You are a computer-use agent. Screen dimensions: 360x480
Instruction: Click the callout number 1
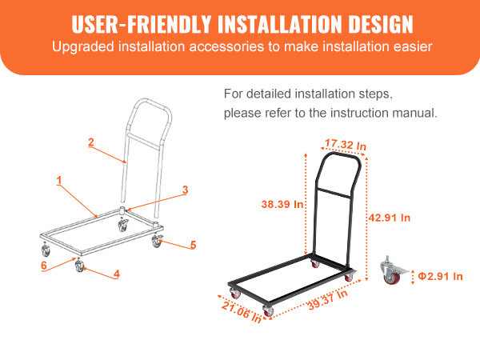point(59,181)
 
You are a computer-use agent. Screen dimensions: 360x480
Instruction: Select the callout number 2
point(91,142)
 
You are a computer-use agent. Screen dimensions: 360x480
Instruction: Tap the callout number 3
point(185,190)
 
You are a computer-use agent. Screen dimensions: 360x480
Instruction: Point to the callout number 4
point(117,274)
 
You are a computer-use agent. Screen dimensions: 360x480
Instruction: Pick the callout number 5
point(193,245)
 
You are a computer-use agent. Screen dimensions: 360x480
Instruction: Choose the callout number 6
point(45,265)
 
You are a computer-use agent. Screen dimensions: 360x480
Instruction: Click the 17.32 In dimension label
point(346,145)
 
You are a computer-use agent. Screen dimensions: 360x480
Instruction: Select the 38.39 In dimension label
point(282,204)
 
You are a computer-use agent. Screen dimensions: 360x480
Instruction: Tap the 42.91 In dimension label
point(390,217)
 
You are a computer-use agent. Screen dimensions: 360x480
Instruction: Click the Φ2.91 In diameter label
point(441,276)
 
